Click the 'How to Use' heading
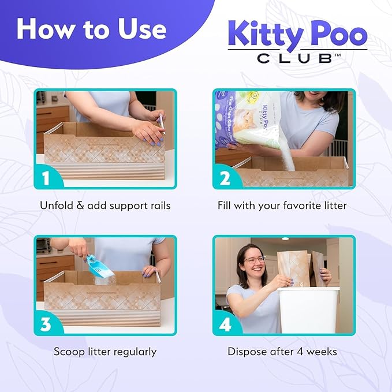tap(91, 28)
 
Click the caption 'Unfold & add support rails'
tap(105, 206)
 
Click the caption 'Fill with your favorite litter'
tap(282, 206)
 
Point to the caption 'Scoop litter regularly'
tap(105, 352)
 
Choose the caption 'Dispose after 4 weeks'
tap(282, 352)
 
